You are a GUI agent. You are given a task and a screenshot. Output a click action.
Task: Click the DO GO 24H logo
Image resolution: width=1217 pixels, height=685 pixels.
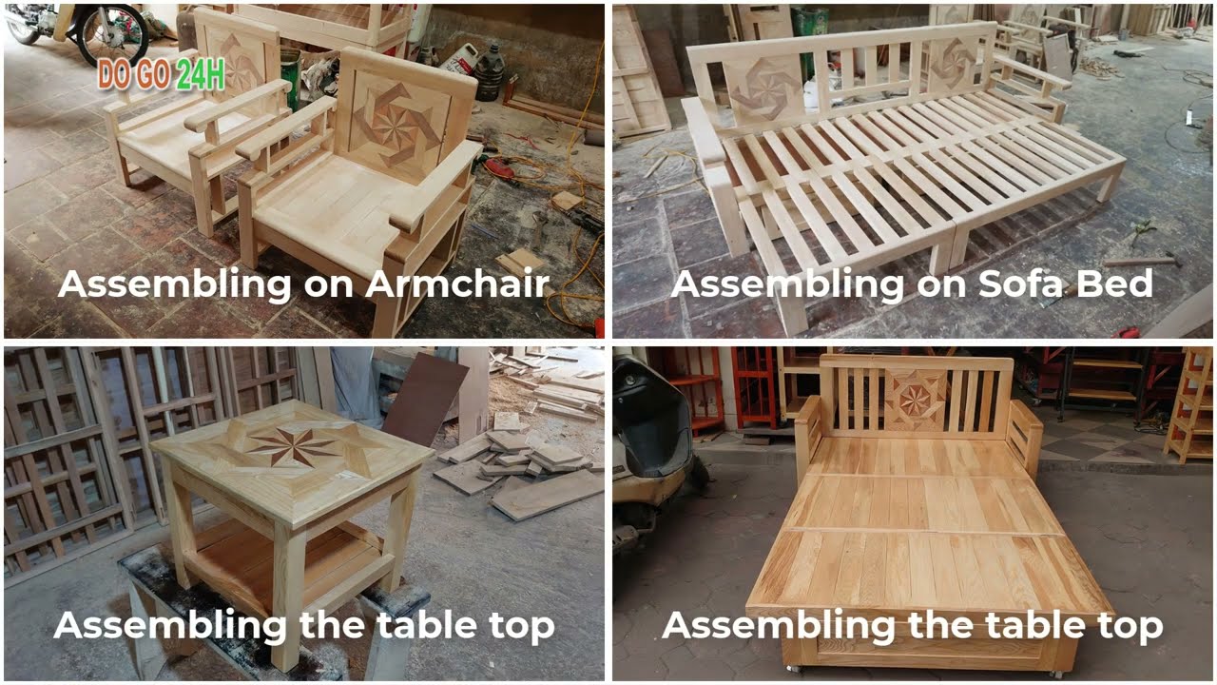coord(161,75)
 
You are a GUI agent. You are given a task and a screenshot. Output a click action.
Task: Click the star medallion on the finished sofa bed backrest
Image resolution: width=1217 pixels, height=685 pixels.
coord(916,400)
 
